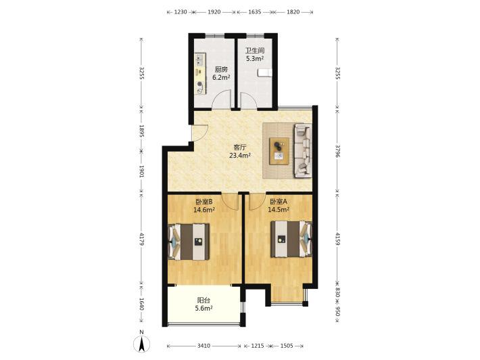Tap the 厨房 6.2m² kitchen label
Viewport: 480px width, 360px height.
pos(221,73)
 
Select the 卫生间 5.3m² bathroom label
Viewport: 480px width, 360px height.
pos(255,55)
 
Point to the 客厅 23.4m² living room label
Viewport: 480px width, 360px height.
pos(240,152)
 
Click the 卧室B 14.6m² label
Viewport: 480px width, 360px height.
pos(204,206)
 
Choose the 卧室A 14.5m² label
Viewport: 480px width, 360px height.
pos(279,206)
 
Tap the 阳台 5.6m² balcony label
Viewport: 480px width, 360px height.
pos(204,305)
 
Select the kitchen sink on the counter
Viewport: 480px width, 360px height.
pos(201,60)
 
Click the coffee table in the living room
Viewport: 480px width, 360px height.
pos(279,151)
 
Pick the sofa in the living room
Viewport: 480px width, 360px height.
pos(303,151)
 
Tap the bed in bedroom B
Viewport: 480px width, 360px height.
pos(189,242)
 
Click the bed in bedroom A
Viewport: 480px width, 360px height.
pos(291,239)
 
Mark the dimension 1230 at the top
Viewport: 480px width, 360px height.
pos(181,12)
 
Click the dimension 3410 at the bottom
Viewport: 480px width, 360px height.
pos(203,346)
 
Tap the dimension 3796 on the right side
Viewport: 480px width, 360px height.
pos(337,152)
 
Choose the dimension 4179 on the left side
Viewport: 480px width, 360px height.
pos(141,240)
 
